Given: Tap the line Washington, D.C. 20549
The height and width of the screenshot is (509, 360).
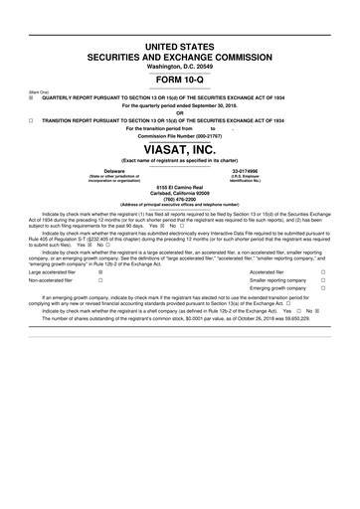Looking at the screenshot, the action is click(179, 66).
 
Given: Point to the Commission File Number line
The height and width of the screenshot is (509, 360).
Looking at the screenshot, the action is click(179, 134).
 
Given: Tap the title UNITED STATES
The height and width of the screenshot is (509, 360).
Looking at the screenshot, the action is click(179, 47).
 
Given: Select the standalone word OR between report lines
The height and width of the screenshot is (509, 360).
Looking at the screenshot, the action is click(179, 111).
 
